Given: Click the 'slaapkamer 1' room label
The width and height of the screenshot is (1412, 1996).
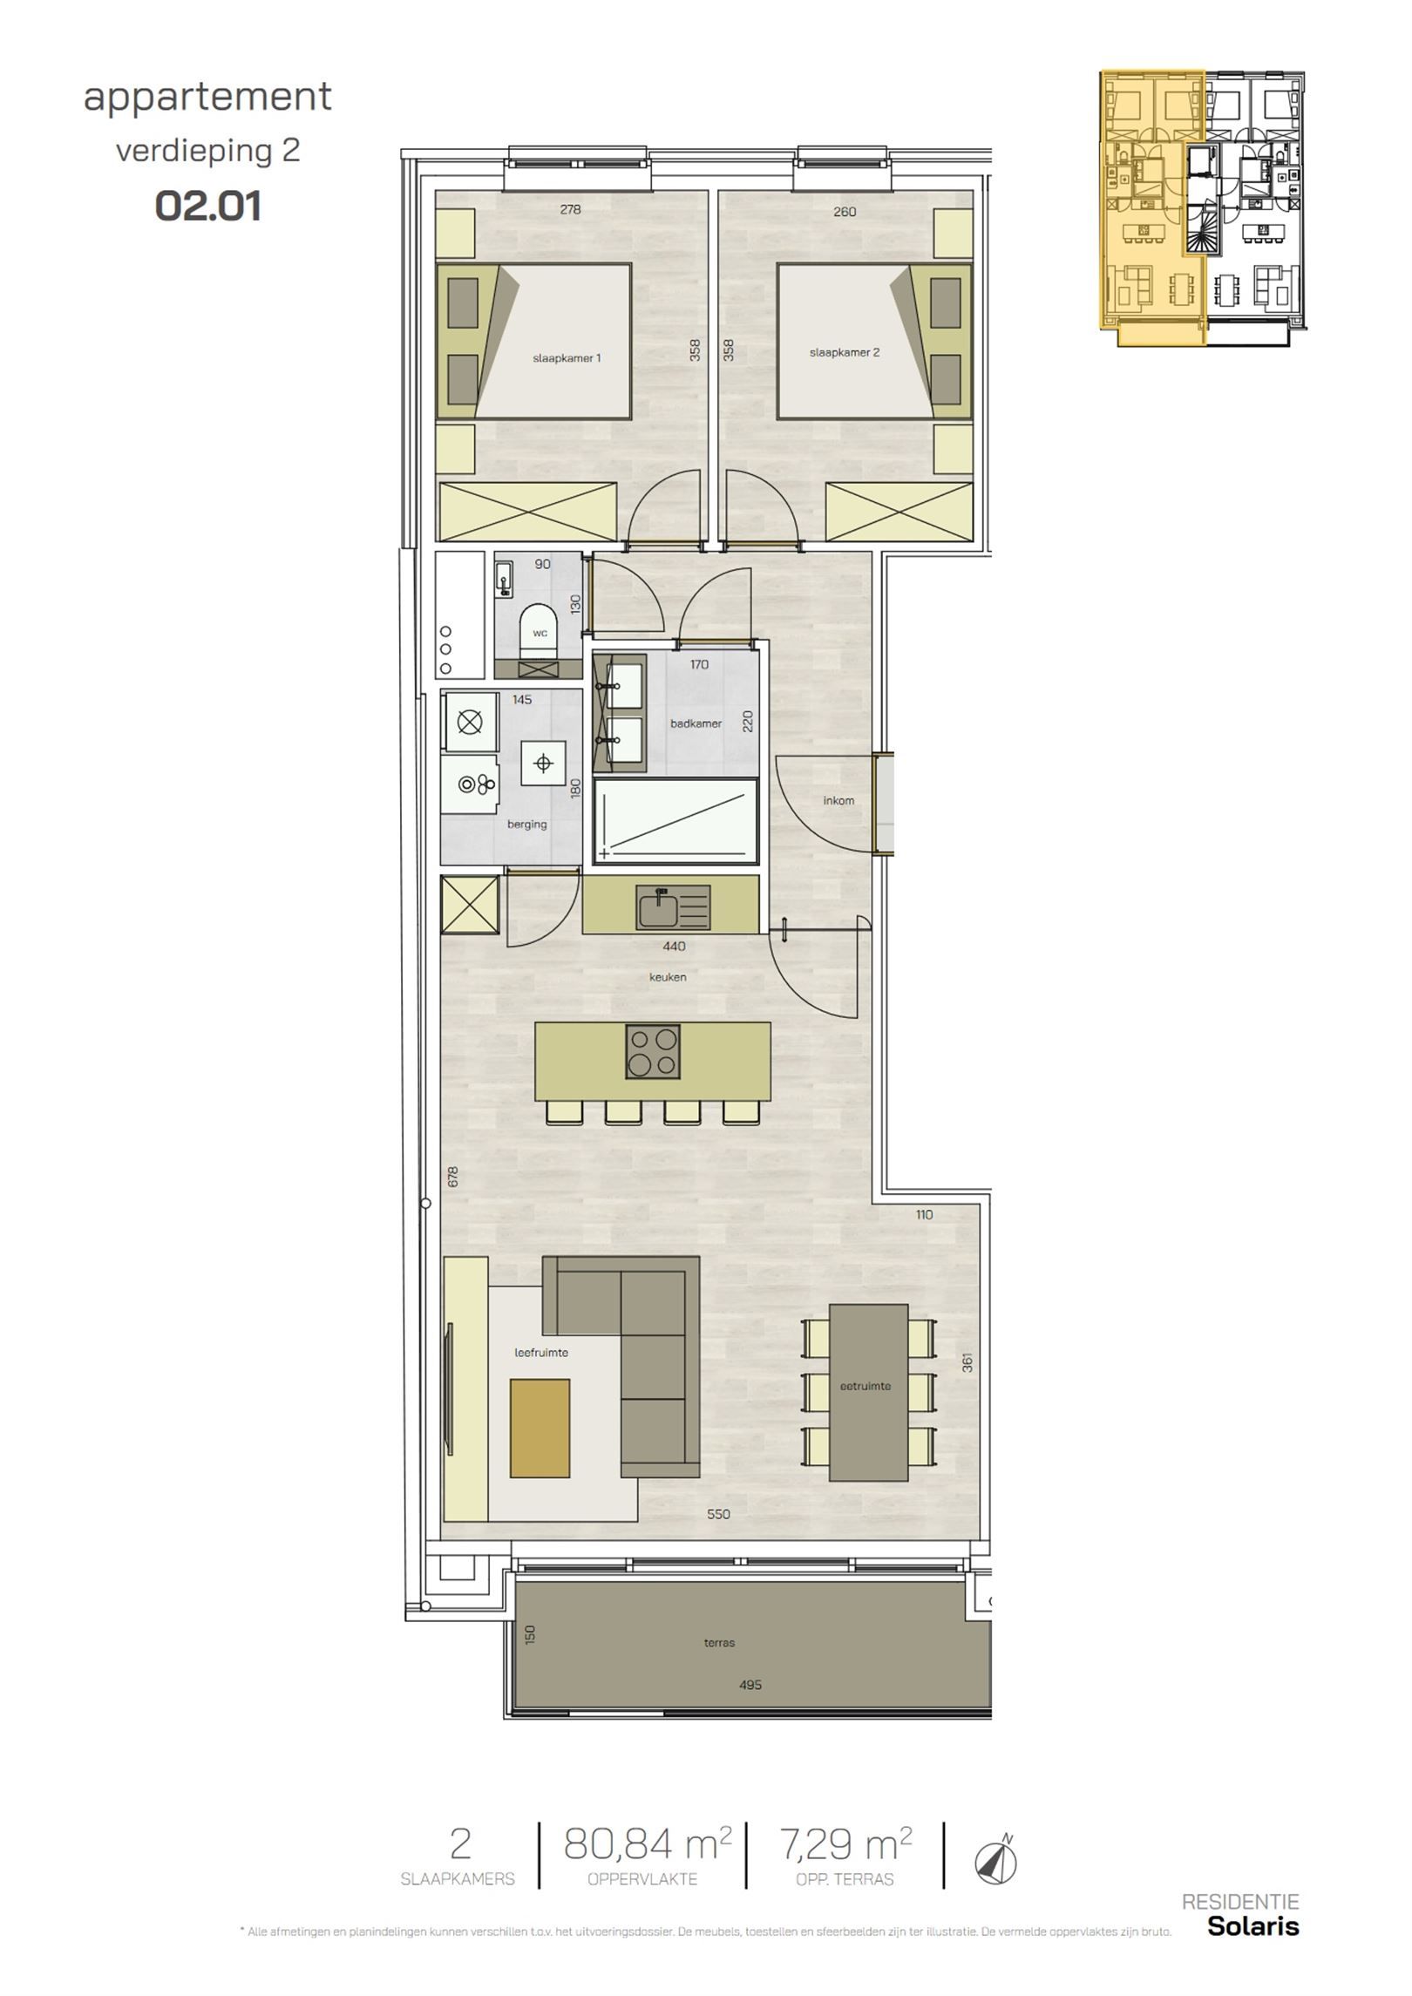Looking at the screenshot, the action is pyautogui.click(x=567, y=357).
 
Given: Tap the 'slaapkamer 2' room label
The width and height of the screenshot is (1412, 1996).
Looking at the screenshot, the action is pyautogui.click(x=844, y=352).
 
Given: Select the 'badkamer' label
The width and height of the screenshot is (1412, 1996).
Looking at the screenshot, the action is pyautogui.click(x=696, y=723).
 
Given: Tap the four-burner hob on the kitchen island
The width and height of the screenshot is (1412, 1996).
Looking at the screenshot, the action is pyautogui.click(x=653, y=1052).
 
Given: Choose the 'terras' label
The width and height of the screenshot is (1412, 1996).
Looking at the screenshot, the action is pyautogui.click(x=719, y=1643).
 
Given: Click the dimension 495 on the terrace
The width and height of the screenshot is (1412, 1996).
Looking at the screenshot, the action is pyautogui.click(x=750, y=1685).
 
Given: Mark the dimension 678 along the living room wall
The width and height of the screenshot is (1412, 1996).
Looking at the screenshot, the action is pyautogui.click(x=452, y=1177).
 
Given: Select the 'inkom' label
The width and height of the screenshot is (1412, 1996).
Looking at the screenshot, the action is pyautogui.click(x=838, y=800).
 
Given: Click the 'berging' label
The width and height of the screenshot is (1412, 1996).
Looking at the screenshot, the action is pyautogui.click(x=526, y=824).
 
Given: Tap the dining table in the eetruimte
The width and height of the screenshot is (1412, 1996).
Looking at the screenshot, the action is pyautogui.click(x=868, y=1392).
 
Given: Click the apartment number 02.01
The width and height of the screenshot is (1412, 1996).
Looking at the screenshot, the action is pyautogui.click(x=208, y=207).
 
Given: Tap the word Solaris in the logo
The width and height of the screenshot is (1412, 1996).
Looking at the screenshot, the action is pyautogui.click(x=1252, y=1949).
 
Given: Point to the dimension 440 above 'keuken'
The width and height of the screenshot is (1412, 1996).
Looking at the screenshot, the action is pyautogui.click(x=674, y=946).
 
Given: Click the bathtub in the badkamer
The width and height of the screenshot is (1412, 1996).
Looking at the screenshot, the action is pyautogui.click(x=676, y=819).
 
